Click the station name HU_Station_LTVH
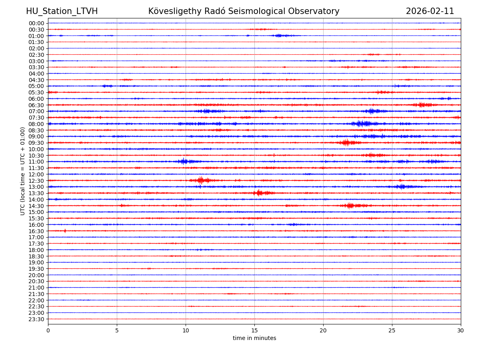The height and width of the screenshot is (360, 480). (62, 11)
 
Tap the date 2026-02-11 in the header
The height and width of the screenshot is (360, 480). (430, 11)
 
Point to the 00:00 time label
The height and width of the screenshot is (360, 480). (36, 23)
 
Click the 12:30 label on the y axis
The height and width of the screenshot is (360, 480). (36, 181)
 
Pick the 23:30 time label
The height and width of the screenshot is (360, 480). (36, 319)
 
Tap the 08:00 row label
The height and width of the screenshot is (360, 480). (36, 124)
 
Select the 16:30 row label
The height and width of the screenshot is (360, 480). (36, 231)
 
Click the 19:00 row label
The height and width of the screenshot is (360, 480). (36, 262)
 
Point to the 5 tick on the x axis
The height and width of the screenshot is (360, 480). (117, 331)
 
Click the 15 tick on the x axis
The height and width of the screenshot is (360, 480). (254, 331)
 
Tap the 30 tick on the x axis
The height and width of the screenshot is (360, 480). (461, 331)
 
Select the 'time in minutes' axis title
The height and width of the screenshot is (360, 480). (254, 338)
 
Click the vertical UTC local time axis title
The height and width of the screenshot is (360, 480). (23, 171)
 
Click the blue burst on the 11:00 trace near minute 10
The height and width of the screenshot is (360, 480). (184, 161)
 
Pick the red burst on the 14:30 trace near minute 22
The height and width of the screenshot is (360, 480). (350, 206)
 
